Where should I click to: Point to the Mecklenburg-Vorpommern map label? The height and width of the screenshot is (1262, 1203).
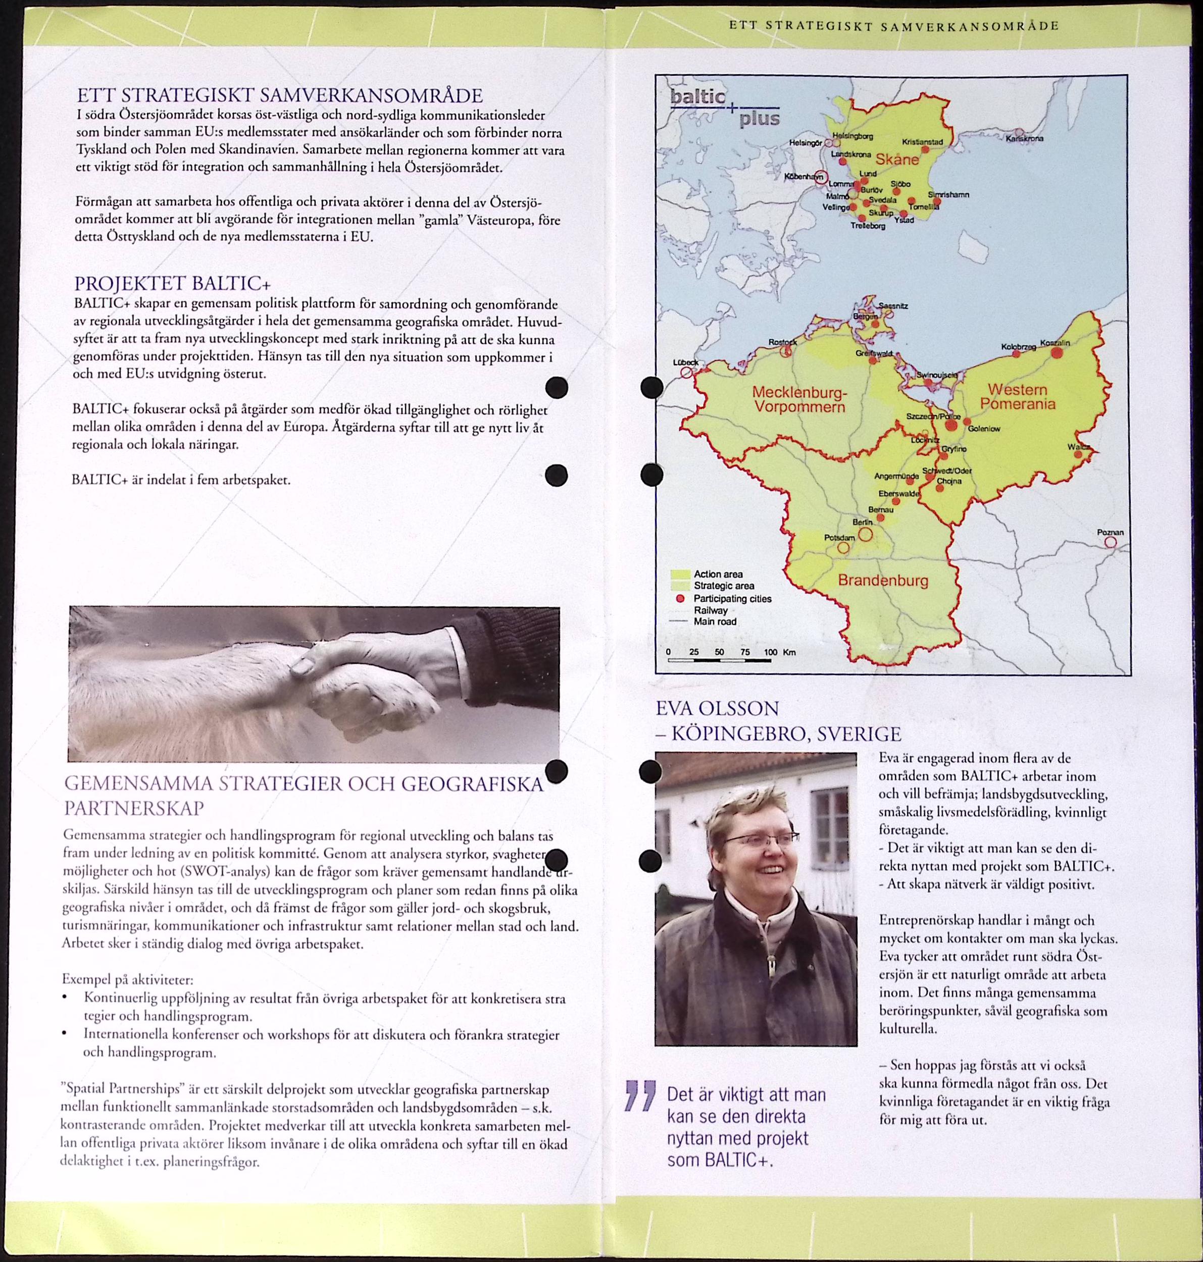coord(799,399)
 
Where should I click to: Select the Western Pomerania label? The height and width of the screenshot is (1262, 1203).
coord(1017,396)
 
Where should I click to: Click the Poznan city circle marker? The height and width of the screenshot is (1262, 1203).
coord(1110,542)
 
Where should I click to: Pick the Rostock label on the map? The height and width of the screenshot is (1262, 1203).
coord(782,342)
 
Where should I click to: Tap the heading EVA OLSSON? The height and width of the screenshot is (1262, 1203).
coord(717,708)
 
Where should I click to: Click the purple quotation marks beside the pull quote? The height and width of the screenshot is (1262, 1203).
coord(640,1095)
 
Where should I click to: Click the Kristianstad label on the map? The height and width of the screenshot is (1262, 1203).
coord(922,142)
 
